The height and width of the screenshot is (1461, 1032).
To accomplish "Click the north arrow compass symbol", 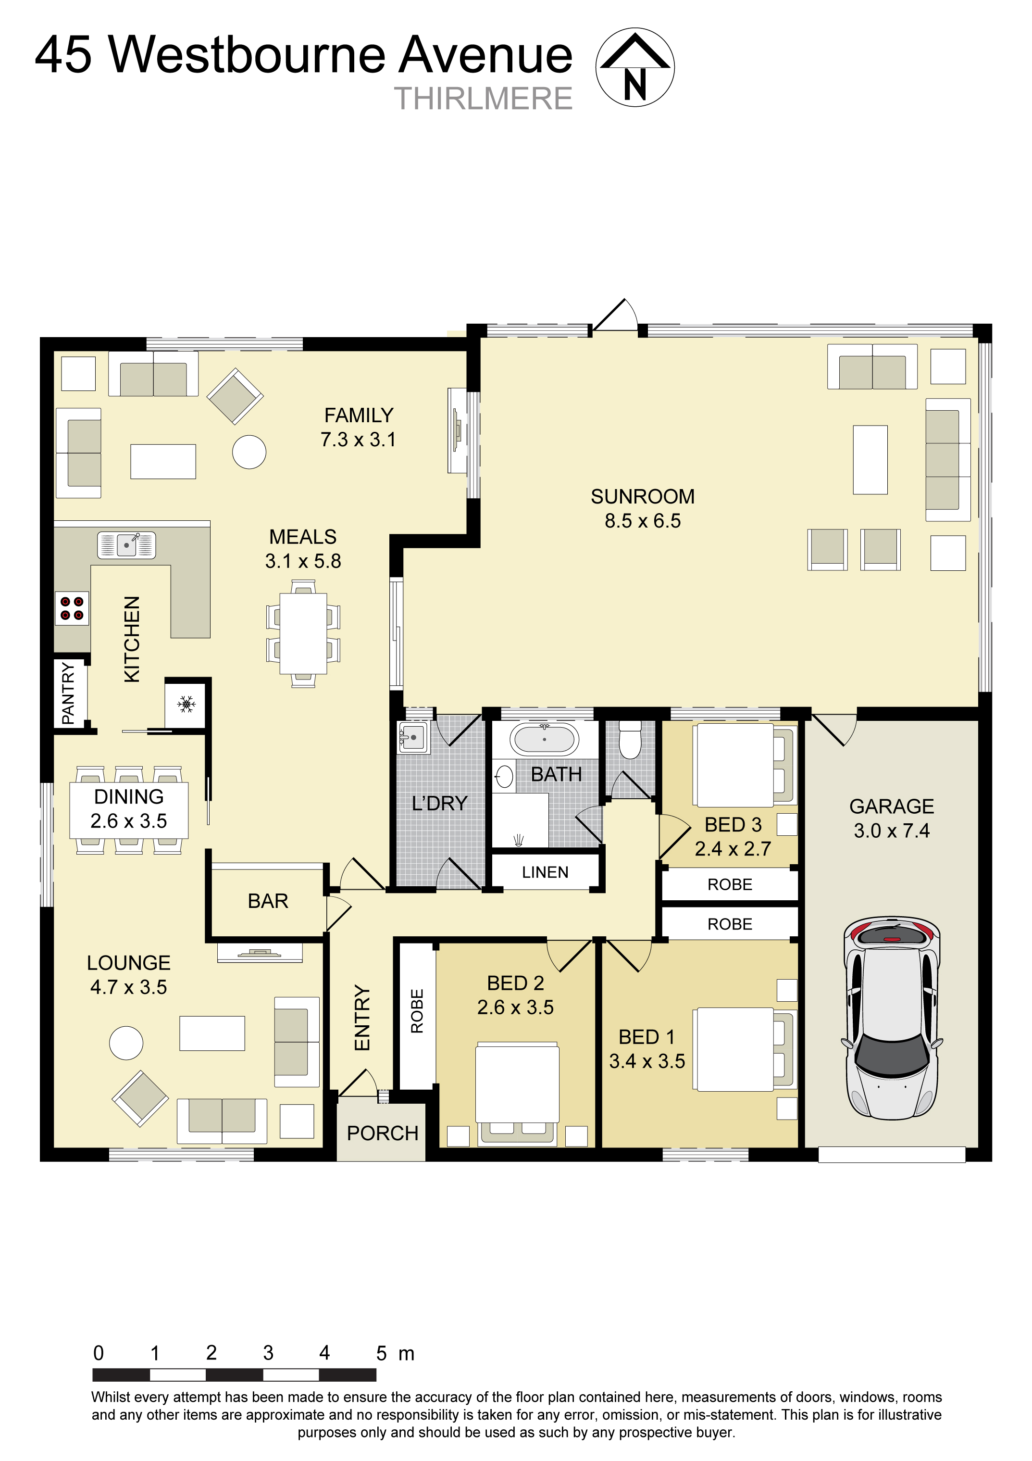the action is [x=634, y=67].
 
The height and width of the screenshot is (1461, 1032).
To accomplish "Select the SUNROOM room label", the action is [x=642, y=496].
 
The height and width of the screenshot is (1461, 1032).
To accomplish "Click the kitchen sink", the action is [x=126, y=545].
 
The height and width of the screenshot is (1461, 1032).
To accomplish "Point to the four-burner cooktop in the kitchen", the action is [x=72, y=608].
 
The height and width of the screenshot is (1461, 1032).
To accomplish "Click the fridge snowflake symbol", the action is [x=186, y=704].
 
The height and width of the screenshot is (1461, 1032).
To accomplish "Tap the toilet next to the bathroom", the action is [x=630, y=740].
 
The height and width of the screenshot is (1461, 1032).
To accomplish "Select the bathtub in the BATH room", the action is [x=544, y=740].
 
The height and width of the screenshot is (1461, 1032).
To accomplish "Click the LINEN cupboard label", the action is [x=545, y=872].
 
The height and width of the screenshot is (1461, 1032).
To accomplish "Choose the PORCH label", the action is [x=382, y=1134].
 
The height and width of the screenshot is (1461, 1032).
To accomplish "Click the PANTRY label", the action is [x=67, y=693].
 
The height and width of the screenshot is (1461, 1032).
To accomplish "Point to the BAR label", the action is [x=268, y=901].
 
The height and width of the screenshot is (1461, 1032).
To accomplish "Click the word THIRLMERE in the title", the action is [x=483, y=99].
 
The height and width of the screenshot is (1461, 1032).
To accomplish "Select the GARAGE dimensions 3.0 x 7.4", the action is [x=892, y=831].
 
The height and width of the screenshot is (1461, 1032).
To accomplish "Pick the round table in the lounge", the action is [x=126, y=1043].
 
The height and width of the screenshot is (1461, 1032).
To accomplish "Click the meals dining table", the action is [x=303, y=633].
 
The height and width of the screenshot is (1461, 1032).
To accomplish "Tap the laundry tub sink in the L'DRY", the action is [x=413, y=737].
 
